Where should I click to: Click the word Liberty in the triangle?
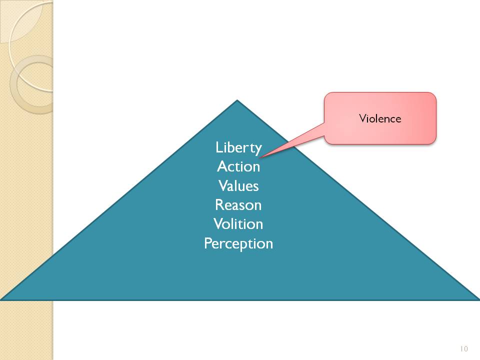pyautogui.click(x=238, y=148)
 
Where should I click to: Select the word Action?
pyautogui.click(x=238, y=166)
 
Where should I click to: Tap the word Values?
pyautogui.click(x=238, y=185)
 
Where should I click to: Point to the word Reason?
pyautogui.click(x=238, y=205)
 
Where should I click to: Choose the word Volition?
pyautogui.click(x=238, y=224)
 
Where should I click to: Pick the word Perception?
pyautogui.click(x=238, y=243)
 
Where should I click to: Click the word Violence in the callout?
pyautogui.click(x=380, y=118)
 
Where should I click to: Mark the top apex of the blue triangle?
pyautogui.click(x=237, y=100)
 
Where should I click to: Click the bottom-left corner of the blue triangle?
pyautogui.click(x=1, y=299)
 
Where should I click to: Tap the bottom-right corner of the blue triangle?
pyautogui.click(x=478, y=299)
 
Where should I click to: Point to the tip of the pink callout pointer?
pyautogui.click(x=261, y=155)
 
